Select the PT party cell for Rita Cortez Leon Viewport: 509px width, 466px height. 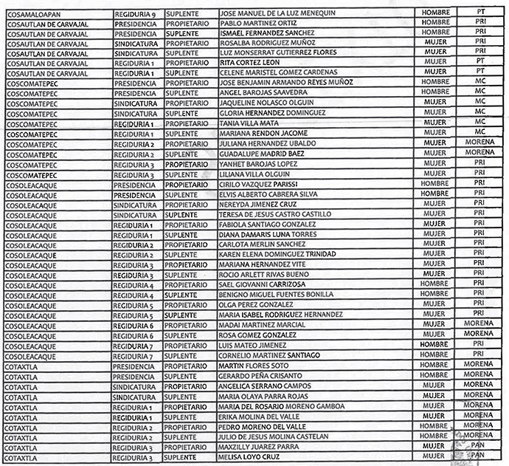point(479,62)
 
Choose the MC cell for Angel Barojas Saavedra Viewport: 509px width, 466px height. point(479,92)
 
